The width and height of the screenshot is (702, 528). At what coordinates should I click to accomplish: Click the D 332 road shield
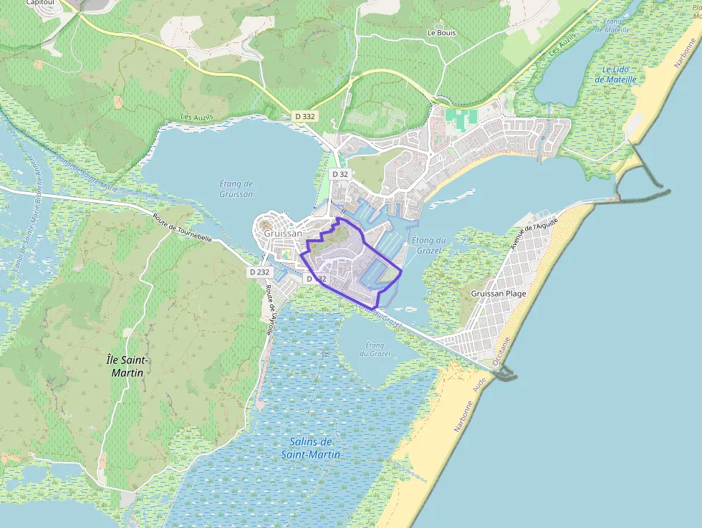point(304,115)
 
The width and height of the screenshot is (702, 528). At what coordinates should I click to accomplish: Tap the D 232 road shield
point(259,272)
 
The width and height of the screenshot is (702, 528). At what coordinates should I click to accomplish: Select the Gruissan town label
point(283,234)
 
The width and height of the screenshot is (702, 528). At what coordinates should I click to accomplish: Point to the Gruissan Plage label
point(499,294)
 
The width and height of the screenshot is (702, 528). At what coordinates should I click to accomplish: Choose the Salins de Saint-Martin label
point(310,448)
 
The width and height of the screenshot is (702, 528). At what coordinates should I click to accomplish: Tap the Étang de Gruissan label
point(236,188)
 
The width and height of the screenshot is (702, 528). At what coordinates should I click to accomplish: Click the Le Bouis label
point(441,32)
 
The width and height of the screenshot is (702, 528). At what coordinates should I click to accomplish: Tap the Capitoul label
point(41,3)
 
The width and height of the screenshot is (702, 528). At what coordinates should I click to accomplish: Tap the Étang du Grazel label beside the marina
point(429,244)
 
